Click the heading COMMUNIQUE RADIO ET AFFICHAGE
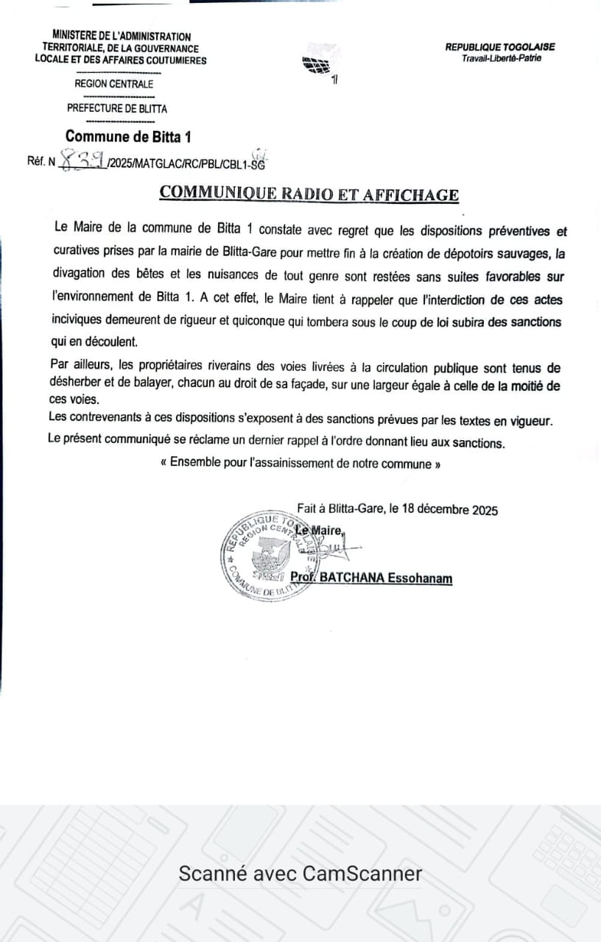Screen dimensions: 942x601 click(309, 194)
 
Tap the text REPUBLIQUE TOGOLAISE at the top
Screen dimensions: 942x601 click(500, 47)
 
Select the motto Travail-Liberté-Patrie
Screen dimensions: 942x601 click(501, 58)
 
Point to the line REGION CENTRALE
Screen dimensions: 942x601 click(114, 84)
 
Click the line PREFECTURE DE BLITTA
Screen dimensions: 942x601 click(117, 108)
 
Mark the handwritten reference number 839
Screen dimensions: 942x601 click(82, 159)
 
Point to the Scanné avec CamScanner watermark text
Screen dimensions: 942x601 click(300, 874)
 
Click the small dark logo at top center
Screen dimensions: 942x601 click(317, 65)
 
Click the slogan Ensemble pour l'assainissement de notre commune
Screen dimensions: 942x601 click(300, 464)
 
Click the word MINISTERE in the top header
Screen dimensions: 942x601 click(77, 36)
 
